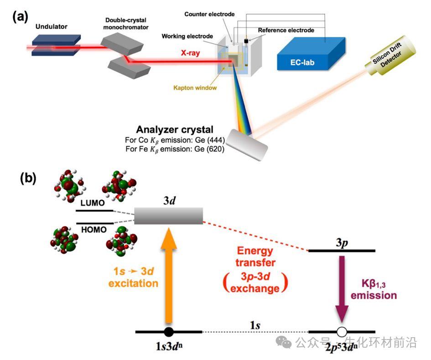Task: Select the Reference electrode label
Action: point(286,31)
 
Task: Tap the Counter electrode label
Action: point(209,14)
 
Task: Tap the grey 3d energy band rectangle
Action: point(169,216)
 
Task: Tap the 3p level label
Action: point(342,243)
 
